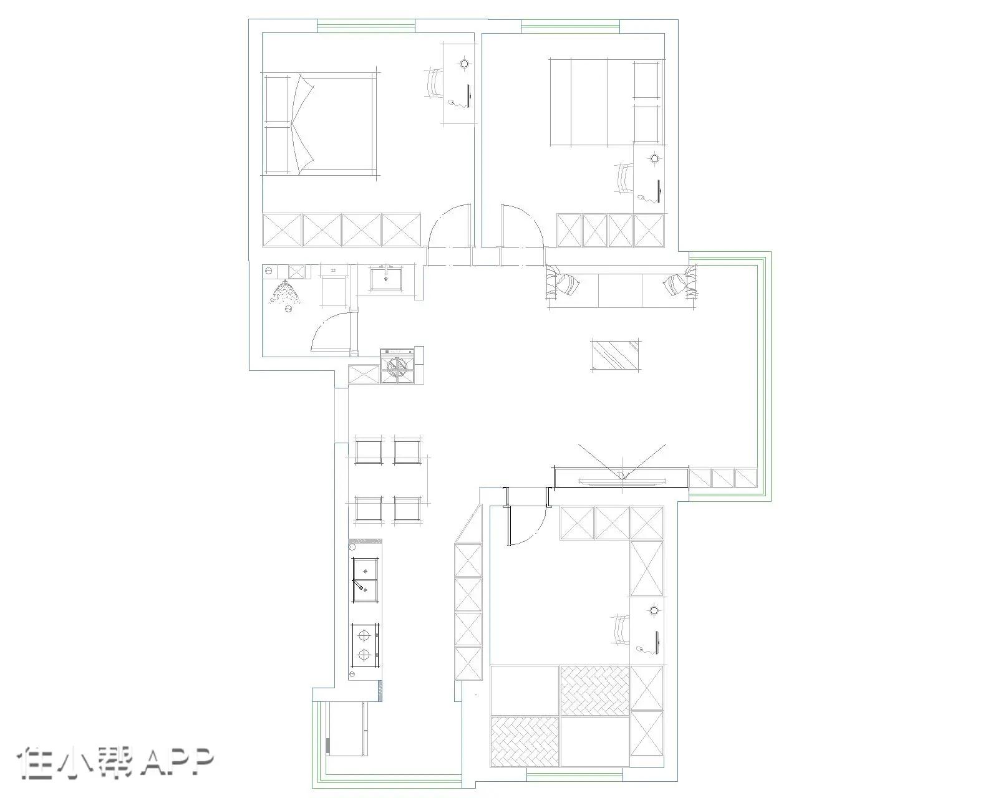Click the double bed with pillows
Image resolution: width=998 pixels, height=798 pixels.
pos(320,124)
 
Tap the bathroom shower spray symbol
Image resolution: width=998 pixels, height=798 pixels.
pos(285,293)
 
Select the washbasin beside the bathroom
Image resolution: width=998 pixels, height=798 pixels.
pos(386,278)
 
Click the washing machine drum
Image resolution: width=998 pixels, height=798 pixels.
pos(397,368)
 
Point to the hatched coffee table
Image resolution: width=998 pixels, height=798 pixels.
pos(616,355)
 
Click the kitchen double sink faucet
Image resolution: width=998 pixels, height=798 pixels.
pos(359,584)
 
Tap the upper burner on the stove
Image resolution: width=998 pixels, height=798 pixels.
pos(364,633)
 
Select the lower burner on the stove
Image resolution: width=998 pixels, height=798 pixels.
pos(364,655)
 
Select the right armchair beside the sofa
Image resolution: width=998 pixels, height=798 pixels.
pos(681,283)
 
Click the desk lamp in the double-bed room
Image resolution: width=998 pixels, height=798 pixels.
pos(464,63)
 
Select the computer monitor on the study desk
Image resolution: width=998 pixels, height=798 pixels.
pos(657,644)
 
